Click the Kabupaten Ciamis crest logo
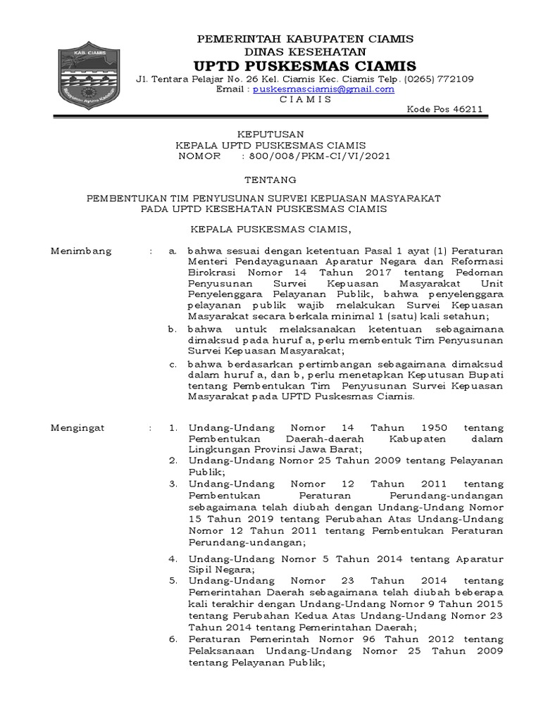click(87, 75)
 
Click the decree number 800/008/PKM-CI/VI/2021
click(316, 156)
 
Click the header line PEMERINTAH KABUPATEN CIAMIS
click(305, 38)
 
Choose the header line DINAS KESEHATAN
click(305, 51)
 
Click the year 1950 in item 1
click(434, 427)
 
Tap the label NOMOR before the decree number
click(200, 156)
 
